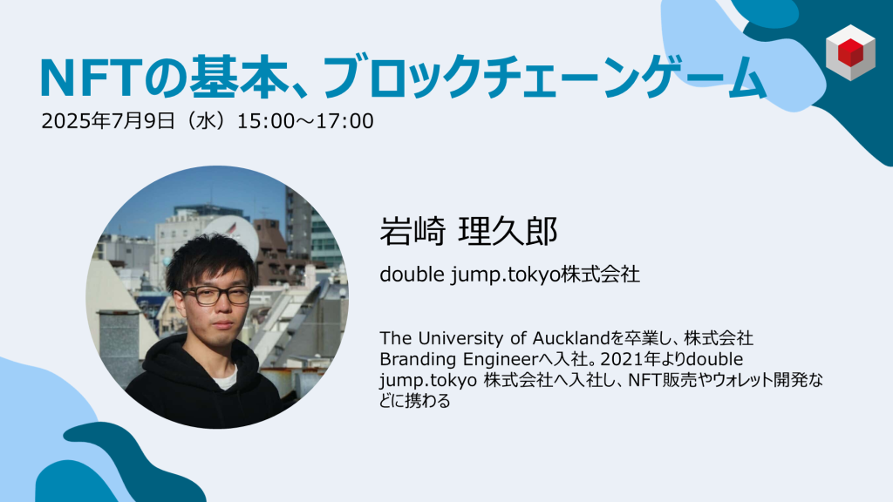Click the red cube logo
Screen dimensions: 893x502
(x=850, y=52)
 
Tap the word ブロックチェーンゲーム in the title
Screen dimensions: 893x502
(x=544, y=78)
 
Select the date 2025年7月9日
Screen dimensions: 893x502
(x=108, y=121)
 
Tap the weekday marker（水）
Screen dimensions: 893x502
(x=206, y=121)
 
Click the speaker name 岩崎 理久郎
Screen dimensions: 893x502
(x=468, y=231)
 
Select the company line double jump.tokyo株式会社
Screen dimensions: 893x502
(x=509, y=275)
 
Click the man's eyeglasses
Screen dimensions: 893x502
(x=216, y=295)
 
